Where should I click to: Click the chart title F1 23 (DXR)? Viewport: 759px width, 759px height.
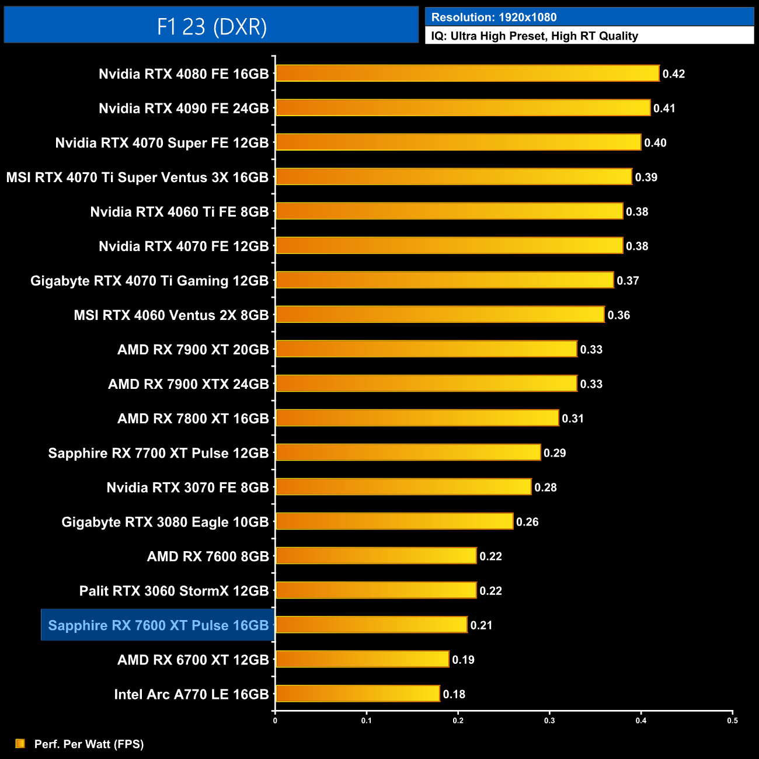pyautogui.click(x=211, y=26)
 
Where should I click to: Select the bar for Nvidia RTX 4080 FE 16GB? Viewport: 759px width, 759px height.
pyautogui.click(x=467, y=74)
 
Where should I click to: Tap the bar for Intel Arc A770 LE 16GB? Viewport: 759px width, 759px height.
pyautogui.click(x=357, y=694)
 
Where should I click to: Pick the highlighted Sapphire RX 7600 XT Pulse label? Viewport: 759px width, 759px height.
pyautogui.click(x=158, y=625)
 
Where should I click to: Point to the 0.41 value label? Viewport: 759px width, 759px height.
pyautogui.click(x=664, y=108)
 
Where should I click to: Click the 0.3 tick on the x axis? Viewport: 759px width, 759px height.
pyautogui.click(x=549, y=720)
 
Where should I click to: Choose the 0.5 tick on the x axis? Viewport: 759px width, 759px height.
pyautogui.click(x=732, y=720)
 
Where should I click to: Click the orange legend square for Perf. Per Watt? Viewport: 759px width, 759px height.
pyautogui.click(x=20, y=743)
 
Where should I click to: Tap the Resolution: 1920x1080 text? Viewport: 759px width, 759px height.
pyautogui.click(x=494, y=18)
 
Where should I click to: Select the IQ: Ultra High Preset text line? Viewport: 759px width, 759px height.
pyautogui.click(x=534, y=36)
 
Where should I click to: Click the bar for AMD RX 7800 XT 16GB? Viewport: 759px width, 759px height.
pyautogui.click(x=417, y=418)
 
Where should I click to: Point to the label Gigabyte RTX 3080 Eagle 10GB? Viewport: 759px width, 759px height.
pyautogui.click(x=165, y=522)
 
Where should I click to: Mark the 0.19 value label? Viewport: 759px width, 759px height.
pyautogui.click(x=463, y=660)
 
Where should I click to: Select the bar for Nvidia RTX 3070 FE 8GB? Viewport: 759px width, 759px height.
pyautogui.click(x=403, y=487)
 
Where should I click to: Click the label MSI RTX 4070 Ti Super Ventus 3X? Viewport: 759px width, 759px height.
pyautogui.click(x=137, y=177)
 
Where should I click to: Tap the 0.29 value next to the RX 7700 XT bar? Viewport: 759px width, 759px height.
pyautogui.click(x=555, y=453)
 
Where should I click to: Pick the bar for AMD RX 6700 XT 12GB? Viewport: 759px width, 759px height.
pyautogui.click(x=362, y=659)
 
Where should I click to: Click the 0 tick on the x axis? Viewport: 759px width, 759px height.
pyautogui.click(x=275, y=720)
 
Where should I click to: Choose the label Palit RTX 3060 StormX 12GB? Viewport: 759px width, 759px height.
pyautogui.click(x=174, y=591)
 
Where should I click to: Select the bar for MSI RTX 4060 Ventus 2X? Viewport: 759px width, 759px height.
pyautogui.click(x=440, y=315)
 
